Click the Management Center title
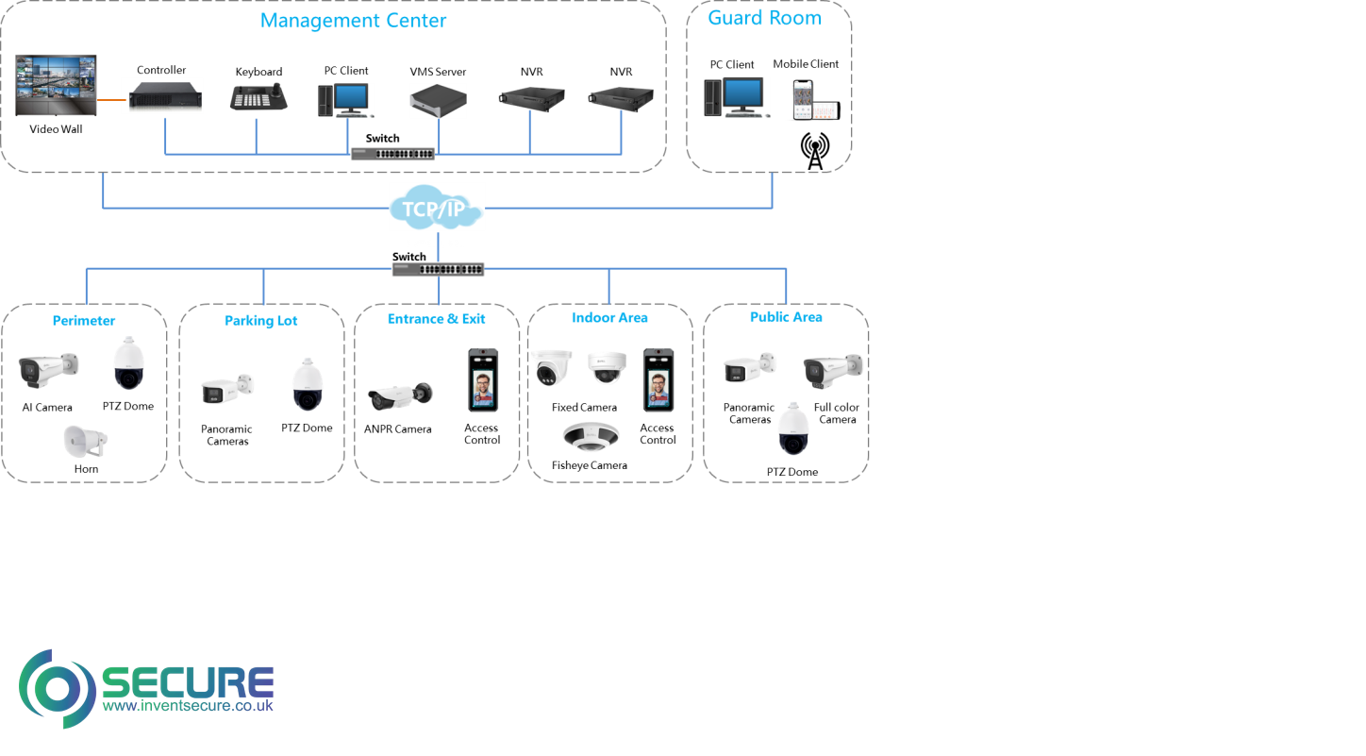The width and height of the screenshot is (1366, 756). click(x=354, y=20)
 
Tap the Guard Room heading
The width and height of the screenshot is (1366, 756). click(x=764, y=18)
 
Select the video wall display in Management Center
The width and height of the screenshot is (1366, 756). click(x=57, y=86)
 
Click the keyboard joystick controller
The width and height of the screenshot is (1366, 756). click(x=258, y=97)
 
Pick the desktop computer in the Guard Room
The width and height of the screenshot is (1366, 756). click(x=736, y=97)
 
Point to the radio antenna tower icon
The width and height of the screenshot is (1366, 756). click(x=815, y=151)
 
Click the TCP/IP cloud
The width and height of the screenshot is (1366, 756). click(x=438, y=208)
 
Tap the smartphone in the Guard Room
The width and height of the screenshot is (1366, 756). click(x=804, y=98)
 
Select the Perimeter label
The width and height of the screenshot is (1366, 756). click(x=84, y=321)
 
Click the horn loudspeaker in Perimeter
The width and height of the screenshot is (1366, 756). click(x=85, y=441)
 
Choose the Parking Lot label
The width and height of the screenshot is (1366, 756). click(x=260, y=321)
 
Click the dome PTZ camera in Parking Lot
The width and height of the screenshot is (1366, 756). click(x=308, y=384)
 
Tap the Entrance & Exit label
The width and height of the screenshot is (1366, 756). click(x=436, y=319)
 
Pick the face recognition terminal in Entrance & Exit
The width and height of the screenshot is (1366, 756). click(x=484, y=379)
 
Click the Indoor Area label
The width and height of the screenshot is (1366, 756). click(x=609, y=317)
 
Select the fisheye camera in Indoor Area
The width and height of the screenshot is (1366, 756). click(x=591, y=435)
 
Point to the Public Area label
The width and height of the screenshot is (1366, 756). click(x=786, y=317)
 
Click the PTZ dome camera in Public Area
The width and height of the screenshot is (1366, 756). click(x=793, y=428)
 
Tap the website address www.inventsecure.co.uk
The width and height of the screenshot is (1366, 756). click(x=187, y=706)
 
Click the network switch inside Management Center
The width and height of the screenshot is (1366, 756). click(x=392, y=153)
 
